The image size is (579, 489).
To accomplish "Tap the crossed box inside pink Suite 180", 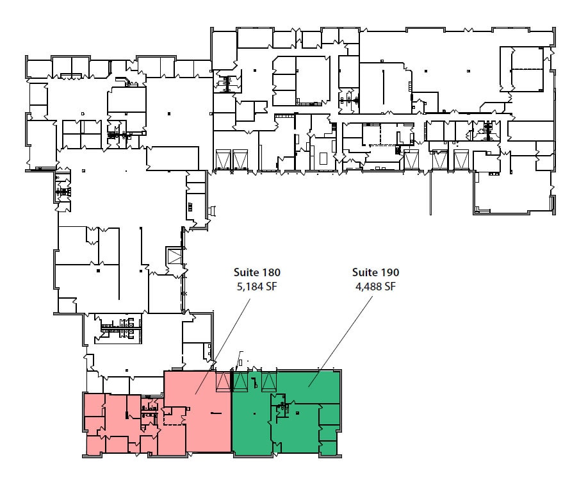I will click(x=223, y=381).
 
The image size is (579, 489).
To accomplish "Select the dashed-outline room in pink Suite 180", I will click(x=174, y=417).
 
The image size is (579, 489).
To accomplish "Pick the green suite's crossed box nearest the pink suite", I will click(x=240, y=381).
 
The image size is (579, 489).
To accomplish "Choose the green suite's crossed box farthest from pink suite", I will click(x=268, y=381).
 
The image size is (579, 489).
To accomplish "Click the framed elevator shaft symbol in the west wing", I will click(x=174, y=256).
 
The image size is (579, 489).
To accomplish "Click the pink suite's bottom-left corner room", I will click(x=95, y=445).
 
